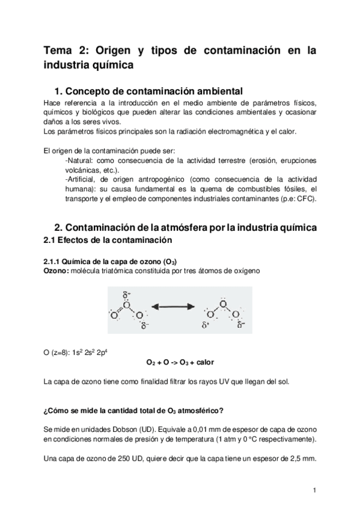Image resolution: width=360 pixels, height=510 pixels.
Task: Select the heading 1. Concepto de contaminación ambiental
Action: tap(148, 91)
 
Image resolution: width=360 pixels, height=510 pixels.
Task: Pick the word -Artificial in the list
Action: tap(81, 180)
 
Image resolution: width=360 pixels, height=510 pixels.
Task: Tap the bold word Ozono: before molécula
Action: tap(57, 270)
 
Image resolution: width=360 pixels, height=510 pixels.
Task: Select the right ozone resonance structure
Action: tap(223, 312)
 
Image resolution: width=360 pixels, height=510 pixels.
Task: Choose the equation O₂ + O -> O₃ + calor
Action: tap(180, 363)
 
